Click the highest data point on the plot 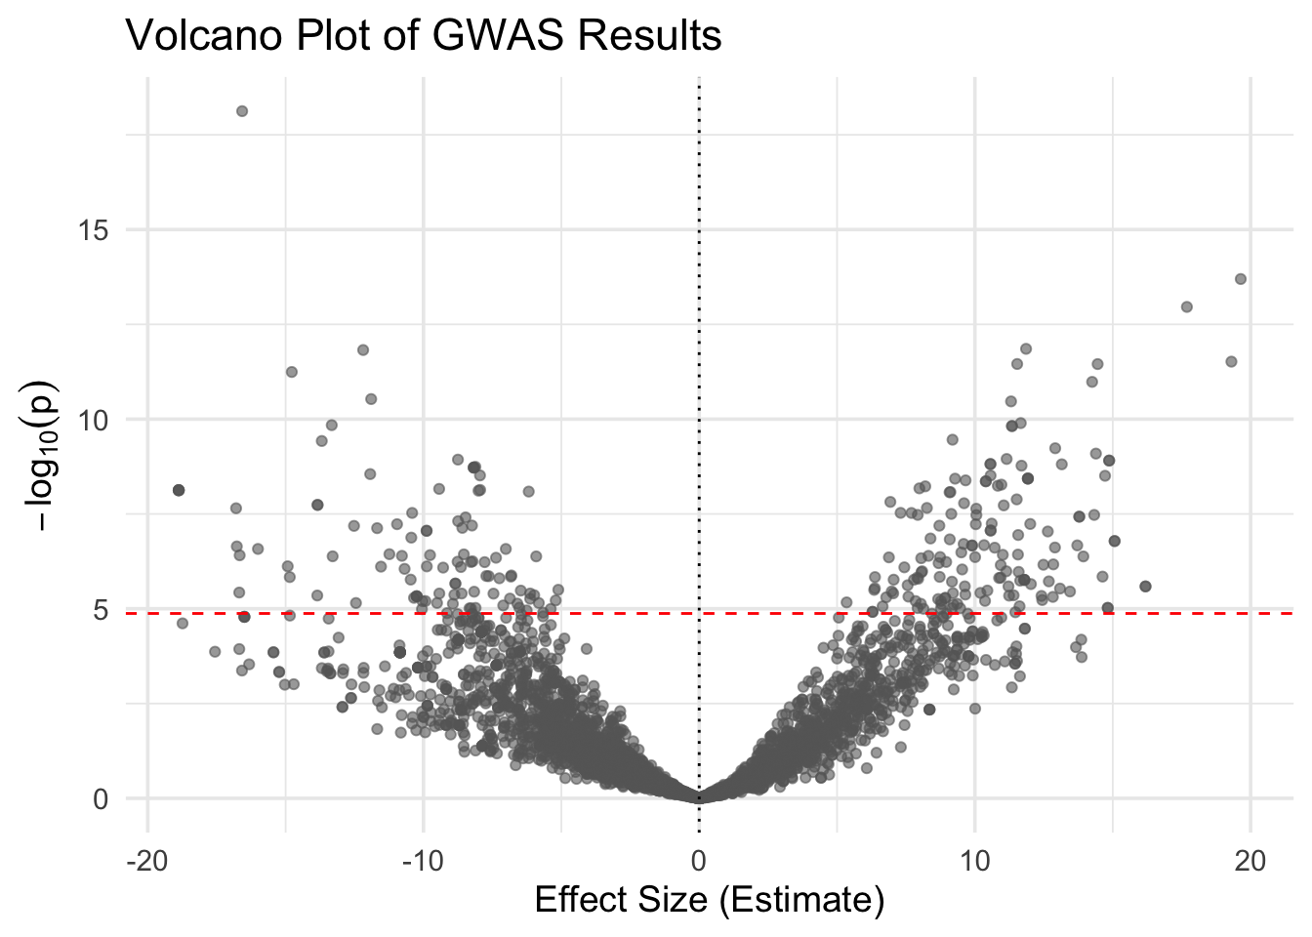[x=242, y=111]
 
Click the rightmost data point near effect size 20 [x=1241, y=279]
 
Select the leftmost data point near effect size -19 [x=179, y=490]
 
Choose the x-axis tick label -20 [x=147, y=862]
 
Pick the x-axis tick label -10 [x=423, y=862]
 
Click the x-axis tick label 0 [x=699, y=862]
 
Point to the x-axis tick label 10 [x=974, y=862]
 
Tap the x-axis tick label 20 [x=1250, y=862]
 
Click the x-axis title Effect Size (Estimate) [x=710, y=899]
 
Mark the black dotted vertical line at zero [x=699, y=293]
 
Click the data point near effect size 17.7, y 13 [x=1187, y=306]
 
